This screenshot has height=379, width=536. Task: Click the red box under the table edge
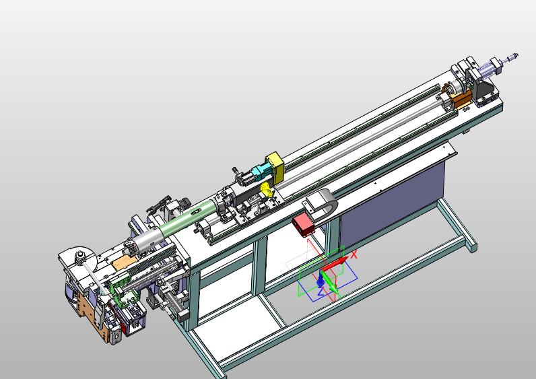coord(302,225)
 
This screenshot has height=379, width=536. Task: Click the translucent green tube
coord(189,216)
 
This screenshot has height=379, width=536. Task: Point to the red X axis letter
coord(354,254)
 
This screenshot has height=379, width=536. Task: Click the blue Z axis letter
coord(321,292)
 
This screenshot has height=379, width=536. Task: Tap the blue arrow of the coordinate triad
coord(320,279)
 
